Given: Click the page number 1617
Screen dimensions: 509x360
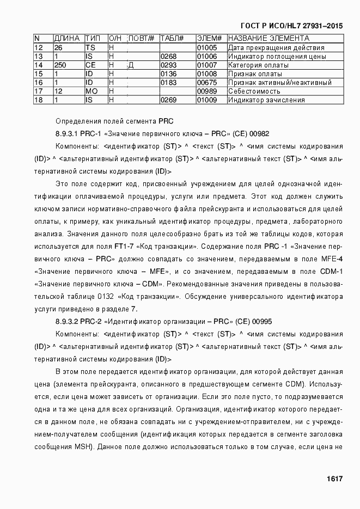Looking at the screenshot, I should click(x=334, y=479).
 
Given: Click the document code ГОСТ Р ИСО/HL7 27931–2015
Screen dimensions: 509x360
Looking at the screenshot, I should click(x=291, y=26).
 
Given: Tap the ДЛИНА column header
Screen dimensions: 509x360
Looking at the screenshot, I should click(x=67, y=39).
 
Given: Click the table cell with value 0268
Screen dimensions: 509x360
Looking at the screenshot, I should click(x=169, y=56).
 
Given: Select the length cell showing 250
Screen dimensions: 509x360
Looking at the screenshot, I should click(x=60, y=65).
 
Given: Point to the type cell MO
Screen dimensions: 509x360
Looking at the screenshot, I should click(x=91, y=91).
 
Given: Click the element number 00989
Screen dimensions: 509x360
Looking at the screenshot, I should click(x=206, y=91).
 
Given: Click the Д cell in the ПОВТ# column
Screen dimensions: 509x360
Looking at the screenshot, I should click(x=131, y=65).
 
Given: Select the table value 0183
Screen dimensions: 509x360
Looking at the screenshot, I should click(x=169, y=82).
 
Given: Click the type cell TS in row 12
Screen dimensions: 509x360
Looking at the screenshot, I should click(x=90, y=47).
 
